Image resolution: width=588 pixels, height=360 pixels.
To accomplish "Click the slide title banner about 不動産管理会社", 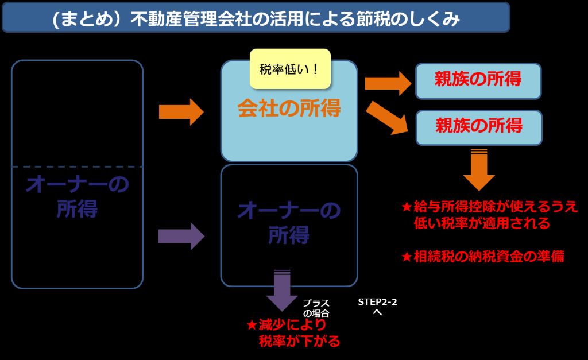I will (256, 19).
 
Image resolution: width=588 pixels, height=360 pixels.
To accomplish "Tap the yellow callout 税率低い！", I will (290, 69).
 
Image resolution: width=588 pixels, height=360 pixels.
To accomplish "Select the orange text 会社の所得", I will (289, 108).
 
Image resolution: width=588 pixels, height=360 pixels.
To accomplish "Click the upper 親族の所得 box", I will (478, 80).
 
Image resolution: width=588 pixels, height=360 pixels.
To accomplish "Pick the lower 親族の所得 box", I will (478, 126).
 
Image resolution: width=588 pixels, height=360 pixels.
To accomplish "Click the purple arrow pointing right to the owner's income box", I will (181, 236).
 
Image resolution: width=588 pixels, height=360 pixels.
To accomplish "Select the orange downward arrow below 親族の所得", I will (478, 169).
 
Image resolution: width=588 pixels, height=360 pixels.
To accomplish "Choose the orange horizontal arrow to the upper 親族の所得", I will (388, 84).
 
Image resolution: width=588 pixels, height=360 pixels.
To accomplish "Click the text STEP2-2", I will (377, 301).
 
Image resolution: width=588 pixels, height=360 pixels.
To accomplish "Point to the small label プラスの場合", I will (316, 308).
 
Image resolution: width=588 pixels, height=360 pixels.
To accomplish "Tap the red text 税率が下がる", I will (299, 342).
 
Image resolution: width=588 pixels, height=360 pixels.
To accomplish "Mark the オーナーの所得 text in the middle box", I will (289, 223).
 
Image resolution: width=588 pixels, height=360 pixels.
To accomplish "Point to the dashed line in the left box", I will (77, 167).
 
